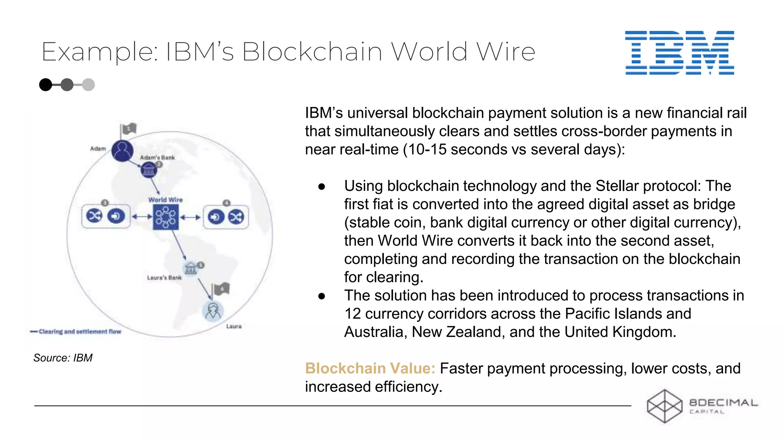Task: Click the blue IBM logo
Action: pyautogui.click(x=679, y=53)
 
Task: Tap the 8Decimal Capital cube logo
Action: pyautogui.click(x=664, y=406)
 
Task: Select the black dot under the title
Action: pyautogui.click(x=45, y=84)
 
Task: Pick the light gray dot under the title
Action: pyautogui.click(x=88, y=84)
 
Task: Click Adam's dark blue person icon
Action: pyautogui.click(x=122, y=150)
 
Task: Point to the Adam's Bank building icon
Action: pyautogui.click(x=149, y=170)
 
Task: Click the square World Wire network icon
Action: pyautogui.click(x=166, y=217)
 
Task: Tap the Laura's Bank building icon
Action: pyautogui.click(x=190, y=269)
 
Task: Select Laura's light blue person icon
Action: pyautogui.click(x=213, y=311)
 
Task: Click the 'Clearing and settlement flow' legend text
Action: pyautogui.click(x=80, y=332)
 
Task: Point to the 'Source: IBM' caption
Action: pyautogui.click(x=63, y=358)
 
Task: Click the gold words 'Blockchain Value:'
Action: pyautogui.click(x=370, y=369)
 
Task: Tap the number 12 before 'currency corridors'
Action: pyautogui.click(x=353, y=314)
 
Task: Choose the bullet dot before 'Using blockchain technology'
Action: pyautogui.click(x=322, y=187)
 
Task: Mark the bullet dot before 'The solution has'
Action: pyautogui.click(x=322, y=296)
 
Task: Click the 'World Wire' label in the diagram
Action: pyautogui.click(x=166, y=200)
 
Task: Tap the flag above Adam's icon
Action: pyautogui.click(x=128, y=129)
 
